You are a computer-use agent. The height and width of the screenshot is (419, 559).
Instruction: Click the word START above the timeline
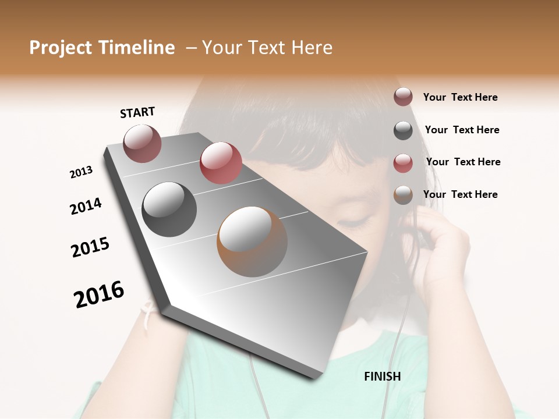(x=137, y=112)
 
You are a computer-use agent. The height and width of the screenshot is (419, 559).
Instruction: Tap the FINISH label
(x=382, y=377)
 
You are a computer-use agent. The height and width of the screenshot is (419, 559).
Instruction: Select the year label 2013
(x=82, y=172)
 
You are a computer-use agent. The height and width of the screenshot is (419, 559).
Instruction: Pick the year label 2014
(x=86, y=206)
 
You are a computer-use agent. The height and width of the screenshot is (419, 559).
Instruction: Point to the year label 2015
(x=90, y=247)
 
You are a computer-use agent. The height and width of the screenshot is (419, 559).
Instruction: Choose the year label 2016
(x=99, y=294)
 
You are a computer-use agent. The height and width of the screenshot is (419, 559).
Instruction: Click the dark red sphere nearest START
(x=142, y=143)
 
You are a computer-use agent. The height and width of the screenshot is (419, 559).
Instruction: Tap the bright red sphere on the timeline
(x=220, y=163)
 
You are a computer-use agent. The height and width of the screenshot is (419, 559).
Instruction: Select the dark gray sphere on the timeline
(x=169, y=210)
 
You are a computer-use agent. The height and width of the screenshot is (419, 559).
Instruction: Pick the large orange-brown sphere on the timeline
(x=252, y=242)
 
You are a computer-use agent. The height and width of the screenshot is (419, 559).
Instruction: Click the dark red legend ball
(x=403, y=97)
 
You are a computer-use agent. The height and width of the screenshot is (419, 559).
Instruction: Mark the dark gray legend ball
(x=403, y=130)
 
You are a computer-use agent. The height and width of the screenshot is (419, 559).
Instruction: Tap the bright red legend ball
(x=403, y=162)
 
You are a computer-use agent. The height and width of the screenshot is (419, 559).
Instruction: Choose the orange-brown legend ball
(x=403, y=195)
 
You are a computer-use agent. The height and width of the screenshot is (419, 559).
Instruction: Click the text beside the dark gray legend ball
(x=462, y=130)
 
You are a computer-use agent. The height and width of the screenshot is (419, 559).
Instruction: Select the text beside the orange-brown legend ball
(x=460, y=194)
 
